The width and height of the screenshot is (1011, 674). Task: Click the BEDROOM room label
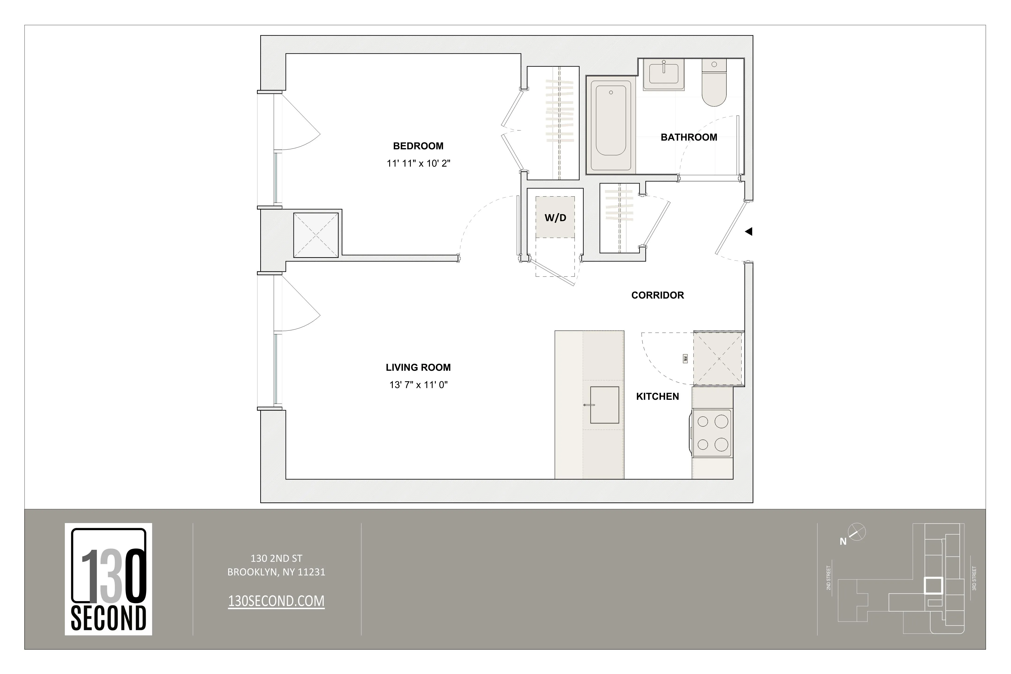click(x=418, y=146)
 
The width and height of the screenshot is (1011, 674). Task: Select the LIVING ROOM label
click(x=418, y=367)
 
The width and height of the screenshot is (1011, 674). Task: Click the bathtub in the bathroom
click(x=611, y=125)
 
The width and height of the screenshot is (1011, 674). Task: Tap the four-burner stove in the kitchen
click(x=712, y=433)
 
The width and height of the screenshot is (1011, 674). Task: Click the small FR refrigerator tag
click(x=685, y=359)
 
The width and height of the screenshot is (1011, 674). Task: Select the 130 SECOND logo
click(x=108, y=579)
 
